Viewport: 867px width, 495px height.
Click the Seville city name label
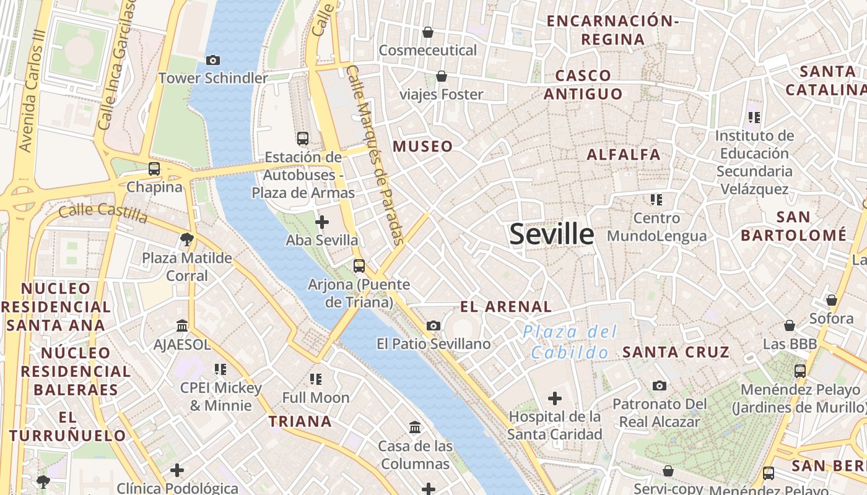(x=551, y=235)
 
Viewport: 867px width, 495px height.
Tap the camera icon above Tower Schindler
(x=213, y=60)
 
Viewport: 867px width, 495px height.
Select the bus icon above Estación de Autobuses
(x=303, y=139)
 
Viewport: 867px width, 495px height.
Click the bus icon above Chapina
(x=154, y=168)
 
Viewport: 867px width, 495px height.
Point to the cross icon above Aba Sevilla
(x=322, y=222)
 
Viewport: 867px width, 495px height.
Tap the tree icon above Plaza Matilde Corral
(x=186, y=239)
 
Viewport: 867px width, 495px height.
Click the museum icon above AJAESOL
(x=182, y=325)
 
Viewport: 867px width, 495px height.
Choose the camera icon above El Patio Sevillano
(x=434, y=325)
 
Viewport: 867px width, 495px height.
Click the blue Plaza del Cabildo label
(x=570, y=342)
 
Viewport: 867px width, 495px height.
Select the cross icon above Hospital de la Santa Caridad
(x=555, y=398)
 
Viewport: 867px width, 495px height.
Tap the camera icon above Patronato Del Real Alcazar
(x=660, y=385)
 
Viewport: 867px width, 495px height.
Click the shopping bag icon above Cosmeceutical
(x=427, y=32)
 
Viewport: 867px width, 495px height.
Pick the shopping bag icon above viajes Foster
(x=442, y=76)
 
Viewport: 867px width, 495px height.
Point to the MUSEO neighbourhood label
(x=423, y=147)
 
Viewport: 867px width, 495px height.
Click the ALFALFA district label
(x=624, y=155)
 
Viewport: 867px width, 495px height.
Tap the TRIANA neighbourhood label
(x=300, y=422)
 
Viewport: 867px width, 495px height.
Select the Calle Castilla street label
(x=103, y=213)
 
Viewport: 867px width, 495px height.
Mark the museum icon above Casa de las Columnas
(x=415, y=427)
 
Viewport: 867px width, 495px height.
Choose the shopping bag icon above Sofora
(x=832, y=300)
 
